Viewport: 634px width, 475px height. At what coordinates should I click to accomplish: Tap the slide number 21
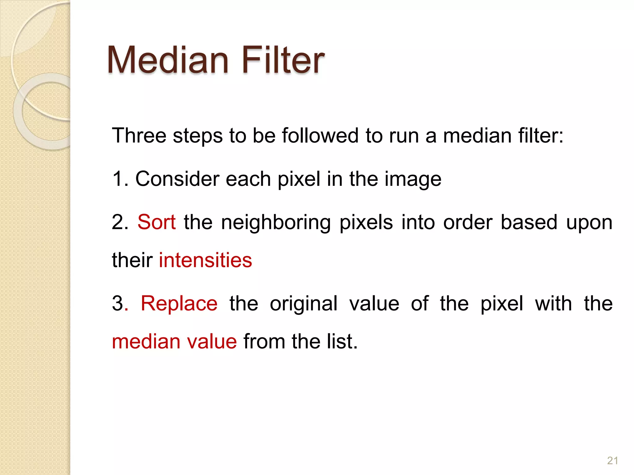pyautogui.click(x=613, y=460)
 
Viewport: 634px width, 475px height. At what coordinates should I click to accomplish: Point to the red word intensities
pyautogui.click(x=206, y=260)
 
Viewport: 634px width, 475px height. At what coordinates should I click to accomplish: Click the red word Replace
pyautogui.click(x=179, y=303)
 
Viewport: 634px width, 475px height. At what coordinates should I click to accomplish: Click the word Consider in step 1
pyautogui.click(x=177, y=179)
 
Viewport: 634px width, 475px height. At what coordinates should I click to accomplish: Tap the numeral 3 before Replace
pyautogui.click(x=118, y=303)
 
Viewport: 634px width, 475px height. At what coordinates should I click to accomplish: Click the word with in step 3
pyautogui.click(x=554, y=303)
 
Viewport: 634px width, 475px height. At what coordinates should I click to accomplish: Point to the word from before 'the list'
pyautogui.click(x=264, y=341)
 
